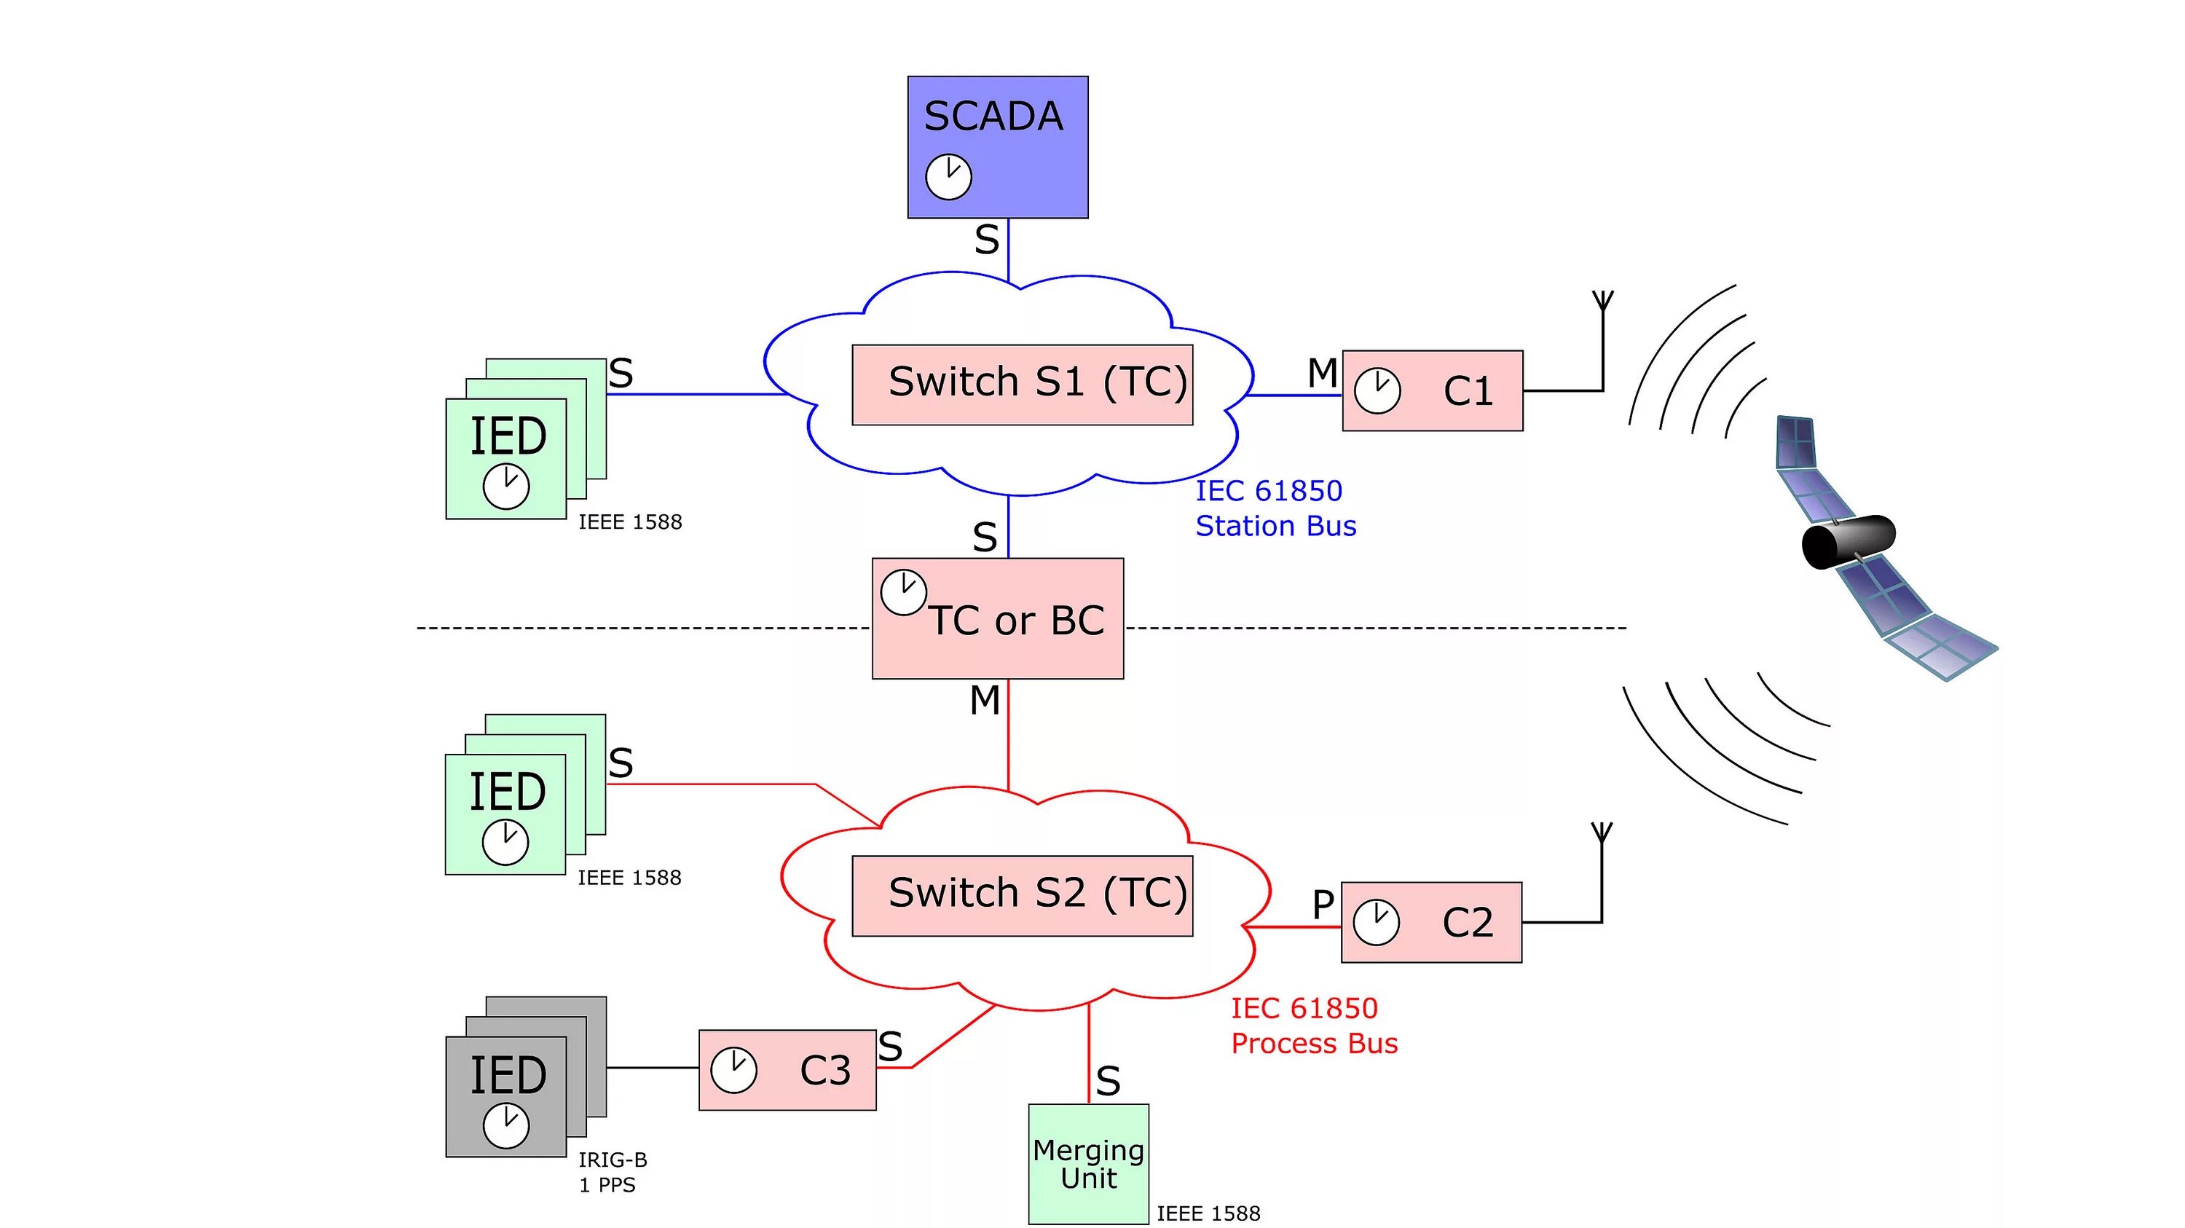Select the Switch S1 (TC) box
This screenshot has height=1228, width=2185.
1022,385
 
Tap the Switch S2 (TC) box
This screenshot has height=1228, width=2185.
1022,897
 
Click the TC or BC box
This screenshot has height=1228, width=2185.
998,618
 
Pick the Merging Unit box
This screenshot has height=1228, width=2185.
1088,1164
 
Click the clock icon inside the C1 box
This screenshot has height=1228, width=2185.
1377,391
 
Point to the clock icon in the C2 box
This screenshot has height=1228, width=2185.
1376,923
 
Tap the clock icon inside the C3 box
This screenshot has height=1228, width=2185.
733,1070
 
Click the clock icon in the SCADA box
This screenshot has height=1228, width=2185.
948,177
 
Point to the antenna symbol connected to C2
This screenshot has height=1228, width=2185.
1602,872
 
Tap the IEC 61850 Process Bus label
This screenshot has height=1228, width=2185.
1314,1026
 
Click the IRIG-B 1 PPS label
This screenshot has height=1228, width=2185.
613,1172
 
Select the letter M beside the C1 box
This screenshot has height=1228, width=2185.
1323,373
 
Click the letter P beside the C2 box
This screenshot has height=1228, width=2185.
1323,905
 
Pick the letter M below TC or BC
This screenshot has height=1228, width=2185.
985,701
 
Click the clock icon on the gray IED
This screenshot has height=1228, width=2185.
506,1126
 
